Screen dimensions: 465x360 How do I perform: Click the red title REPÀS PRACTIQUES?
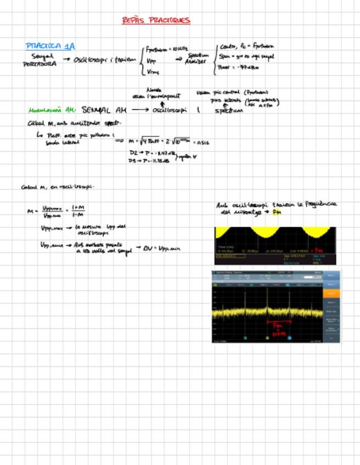click(156, 21)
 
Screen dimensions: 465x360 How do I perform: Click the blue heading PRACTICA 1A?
click(50, 46)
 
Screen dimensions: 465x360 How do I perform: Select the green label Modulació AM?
click(52, 110)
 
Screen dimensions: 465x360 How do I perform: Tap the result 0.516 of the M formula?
click(202, 143)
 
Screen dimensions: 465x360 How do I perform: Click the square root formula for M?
click(165, 141)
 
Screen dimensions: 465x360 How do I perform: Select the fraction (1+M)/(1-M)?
click(77, 211)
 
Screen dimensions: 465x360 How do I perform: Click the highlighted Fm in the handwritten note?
click(276, 212)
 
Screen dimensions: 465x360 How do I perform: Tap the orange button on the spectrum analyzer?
click(331, 293)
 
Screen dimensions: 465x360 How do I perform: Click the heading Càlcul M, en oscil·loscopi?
click(58, 187)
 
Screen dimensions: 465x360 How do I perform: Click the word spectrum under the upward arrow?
click(229, 110)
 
